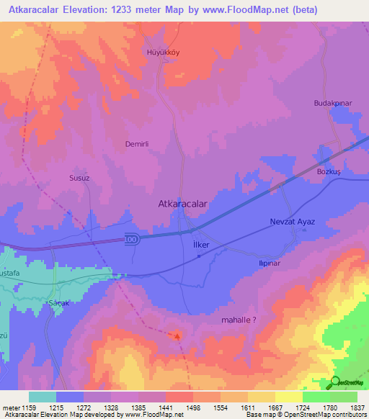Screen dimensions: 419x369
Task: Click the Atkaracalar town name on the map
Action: [x=182, y=204]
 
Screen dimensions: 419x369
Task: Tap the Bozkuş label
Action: [x=328, y=172]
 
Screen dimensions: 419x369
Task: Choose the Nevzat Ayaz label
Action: [x=293, y=222]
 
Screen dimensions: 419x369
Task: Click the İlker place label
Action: [x=201, y=245]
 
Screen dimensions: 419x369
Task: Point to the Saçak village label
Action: [x=57, y=303]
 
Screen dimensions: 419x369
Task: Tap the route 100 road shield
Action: [x=130, y=239]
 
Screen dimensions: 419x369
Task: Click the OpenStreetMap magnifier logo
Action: [x=334, y=383]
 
